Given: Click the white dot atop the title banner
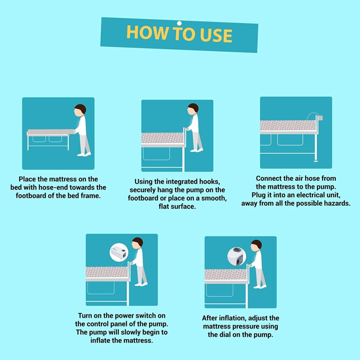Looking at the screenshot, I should coord(179,23).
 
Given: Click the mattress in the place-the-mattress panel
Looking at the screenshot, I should coord(51,132).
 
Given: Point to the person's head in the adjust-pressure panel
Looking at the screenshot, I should coord(256,245).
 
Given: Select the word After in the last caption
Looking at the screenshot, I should coord(211,318).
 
